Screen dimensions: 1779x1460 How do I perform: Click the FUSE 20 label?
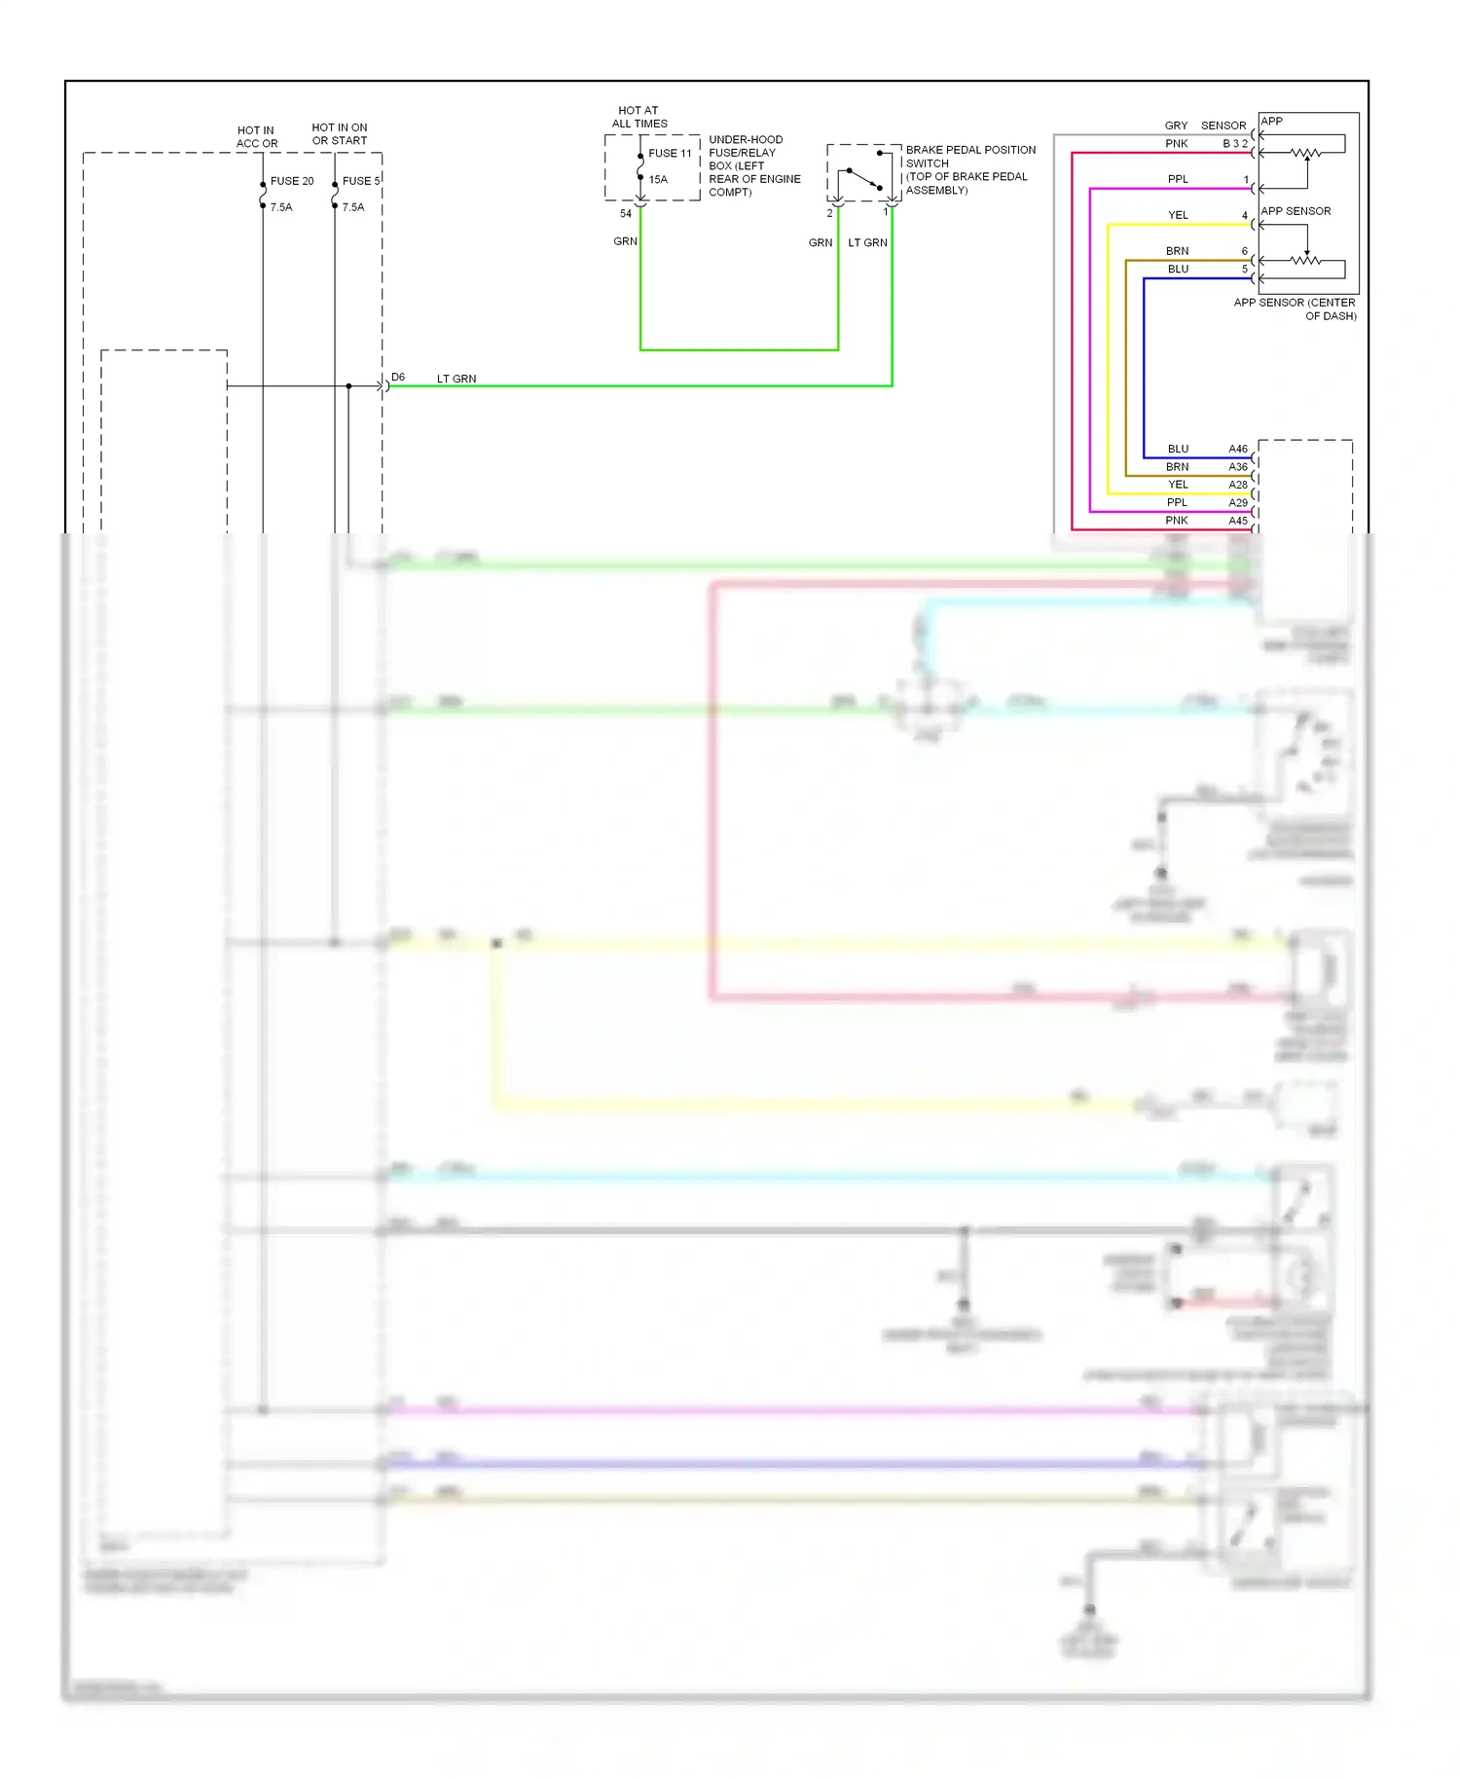pyautogui.click(x=292, y=181)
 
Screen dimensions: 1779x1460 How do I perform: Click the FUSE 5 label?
pyautogui.click(x=361, y=181)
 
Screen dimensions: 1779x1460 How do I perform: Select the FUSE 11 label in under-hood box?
pyautogui.click(x=670, y=153)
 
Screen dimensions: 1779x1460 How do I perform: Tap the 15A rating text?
pyautogui.click(x=658, y=179)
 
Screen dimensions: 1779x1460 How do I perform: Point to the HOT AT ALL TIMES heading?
pyautogui.click(x=639, y=117)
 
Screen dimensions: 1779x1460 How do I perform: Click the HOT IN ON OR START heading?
pyautogui.click(x=339, y=134)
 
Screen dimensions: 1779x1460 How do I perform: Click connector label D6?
pyautogui.click(x=398, y=377)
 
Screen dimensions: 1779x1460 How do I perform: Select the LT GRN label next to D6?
pyautogui.click(x=456, y=379)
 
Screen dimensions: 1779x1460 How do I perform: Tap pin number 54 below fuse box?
pyautogui.click(x=626, y=214)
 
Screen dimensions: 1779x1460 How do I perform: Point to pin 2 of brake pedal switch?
pyautogui.click(x=829, y=213)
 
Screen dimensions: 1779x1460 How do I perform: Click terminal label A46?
pyautogui.click(x=1237, y=449)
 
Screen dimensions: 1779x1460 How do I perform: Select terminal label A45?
pyautogui.click(x=1237, y=521)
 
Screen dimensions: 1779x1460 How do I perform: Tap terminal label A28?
pyautogui.click(x=1237, y=485)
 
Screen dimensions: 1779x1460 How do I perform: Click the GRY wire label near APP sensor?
pyautogui.click(x=1176, y=126)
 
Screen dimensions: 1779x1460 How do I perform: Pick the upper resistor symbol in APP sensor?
pyautogui.click(x=1305, y=153)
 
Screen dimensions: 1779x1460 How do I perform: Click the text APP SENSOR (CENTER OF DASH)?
pyautogui.click(x=1296, y=309)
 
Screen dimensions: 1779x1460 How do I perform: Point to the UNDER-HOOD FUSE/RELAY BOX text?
pyautogui.click(x=754, y=165)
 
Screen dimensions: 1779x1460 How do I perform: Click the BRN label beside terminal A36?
pyautogui.click(x=1177, y=467)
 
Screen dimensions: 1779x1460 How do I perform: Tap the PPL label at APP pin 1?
pyautogui.click(x=1178, y=179)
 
